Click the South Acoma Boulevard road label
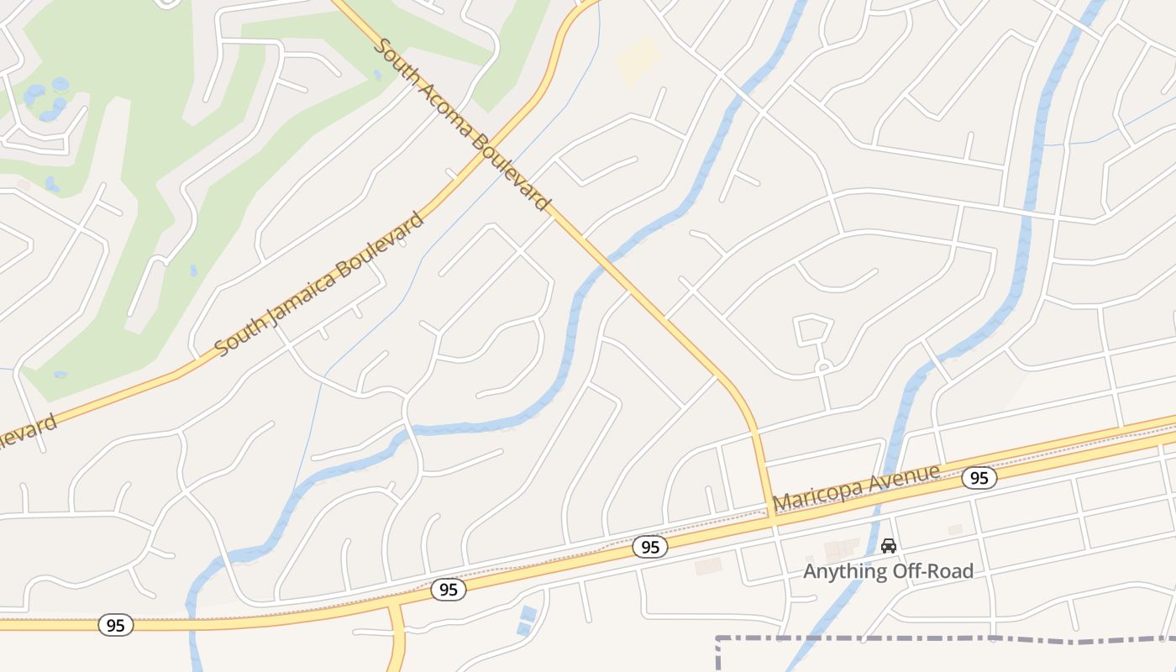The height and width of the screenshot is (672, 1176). [x=462, y=125]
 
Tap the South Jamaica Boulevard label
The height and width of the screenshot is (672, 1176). [x=319, y=284]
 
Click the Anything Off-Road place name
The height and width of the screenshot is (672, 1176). [x=888, y=571]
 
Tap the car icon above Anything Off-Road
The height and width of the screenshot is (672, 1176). [x=888, y=546]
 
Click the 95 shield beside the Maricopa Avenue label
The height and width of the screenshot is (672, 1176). [x=979, y=478]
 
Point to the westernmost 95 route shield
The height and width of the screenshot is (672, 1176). [x=115, y=625]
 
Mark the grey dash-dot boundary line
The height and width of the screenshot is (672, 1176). [x=924, y=640]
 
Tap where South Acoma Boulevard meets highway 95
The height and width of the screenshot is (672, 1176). [x=773, y=522]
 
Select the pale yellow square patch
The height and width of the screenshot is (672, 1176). [x=638, y=60]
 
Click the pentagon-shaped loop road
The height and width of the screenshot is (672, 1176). [x=811, y=329]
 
